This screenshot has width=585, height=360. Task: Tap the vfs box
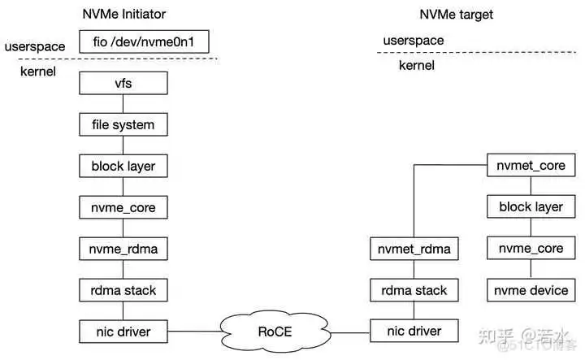point(123,83)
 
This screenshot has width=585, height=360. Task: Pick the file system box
point(123,124)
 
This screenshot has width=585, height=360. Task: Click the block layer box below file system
point(123,166)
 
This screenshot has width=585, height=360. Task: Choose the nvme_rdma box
point(123,248)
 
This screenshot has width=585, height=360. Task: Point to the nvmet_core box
point(531,166)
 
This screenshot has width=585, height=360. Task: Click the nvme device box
point(531,289)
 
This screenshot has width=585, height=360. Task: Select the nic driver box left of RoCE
point(123,331)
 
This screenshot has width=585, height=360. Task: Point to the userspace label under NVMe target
point(414,40)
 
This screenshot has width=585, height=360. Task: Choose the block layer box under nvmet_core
point(531,206)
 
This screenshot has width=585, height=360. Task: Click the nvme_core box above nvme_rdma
point(123,206)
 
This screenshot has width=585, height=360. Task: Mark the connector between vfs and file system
point(123,104)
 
